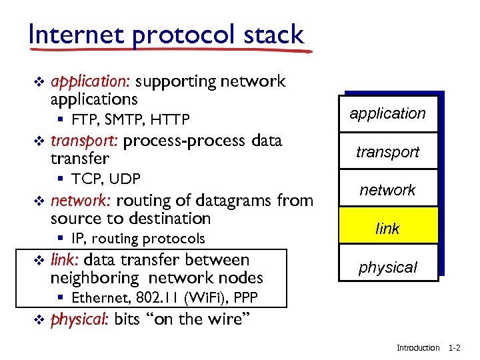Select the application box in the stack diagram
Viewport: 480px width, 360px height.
click(387, 113)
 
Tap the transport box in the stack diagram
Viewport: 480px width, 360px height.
click(387, 152)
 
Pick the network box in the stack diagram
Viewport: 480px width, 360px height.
click(387, 190)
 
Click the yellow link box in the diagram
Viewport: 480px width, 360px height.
click(387, 229)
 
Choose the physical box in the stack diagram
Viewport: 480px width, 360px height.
click(387, 267)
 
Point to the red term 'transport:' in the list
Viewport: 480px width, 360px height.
click(84, 141)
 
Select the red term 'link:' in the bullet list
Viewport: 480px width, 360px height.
click(65, 260)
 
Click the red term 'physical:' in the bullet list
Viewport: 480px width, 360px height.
click(79, 319)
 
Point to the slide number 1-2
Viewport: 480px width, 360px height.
click(455, 348)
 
